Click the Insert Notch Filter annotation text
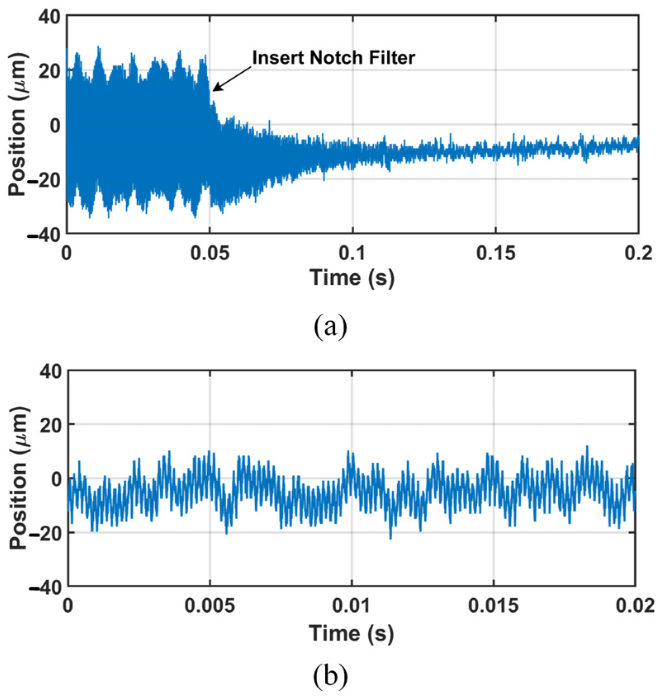(333, 58)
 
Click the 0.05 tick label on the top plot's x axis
(210, 253)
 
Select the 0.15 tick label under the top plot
(495, 253)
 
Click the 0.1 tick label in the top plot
(352, 253)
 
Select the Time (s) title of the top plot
(352, 277)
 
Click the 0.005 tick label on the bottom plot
(209, 606)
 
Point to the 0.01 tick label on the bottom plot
(351, 606)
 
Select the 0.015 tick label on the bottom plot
(493, 606)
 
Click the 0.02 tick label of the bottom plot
(635, 606)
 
